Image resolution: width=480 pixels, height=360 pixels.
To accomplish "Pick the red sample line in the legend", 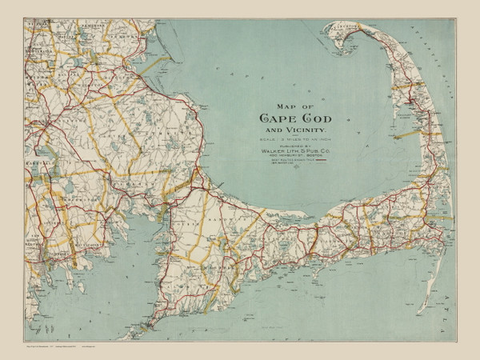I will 321,161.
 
